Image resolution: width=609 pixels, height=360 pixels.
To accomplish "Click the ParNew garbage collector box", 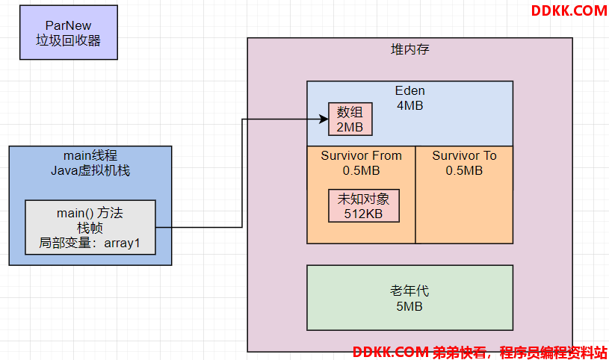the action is click(69, 32).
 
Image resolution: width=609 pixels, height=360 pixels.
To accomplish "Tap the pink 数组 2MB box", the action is click(350, 120).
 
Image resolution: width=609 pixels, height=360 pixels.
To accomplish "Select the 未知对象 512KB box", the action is click(364, 206).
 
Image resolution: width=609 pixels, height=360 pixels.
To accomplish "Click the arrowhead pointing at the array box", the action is click(324, 119).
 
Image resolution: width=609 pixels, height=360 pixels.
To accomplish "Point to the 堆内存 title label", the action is click(409, 49).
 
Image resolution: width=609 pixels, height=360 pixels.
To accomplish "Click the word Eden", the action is click(409, 90).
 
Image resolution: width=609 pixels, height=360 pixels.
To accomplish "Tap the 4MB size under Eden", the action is click(409, 105).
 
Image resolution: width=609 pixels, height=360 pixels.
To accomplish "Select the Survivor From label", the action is click(361, 156).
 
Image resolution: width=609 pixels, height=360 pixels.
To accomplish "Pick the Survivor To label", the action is click(464, 156).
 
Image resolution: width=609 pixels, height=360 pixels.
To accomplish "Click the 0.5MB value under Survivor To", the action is click(464, 170).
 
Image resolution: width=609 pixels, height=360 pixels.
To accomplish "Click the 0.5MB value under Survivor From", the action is click(361, 170).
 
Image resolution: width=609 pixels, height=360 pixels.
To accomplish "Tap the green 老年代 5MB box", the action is click(409, 298).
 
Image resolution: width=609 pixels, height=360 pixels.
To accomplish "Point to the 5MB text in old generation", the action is click(409, 306).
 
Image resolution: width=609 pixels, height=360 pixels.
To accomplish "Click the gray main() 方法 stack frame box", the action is click(90, 228).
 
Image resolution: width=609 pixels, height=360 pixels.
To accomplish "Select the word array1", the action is click(122, 243).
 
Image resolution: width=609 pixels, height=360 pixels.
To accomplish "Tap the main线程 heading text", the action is click(90, 156).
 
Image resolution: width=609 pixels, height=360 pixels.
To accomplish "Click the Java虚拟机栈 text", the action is click(90, 170).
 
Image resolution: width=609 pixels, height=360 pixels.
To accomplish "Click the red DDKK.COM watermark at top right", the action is click(569, 11).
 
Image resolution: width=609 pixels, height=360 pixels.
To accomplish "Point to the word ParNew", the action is click(68, 25).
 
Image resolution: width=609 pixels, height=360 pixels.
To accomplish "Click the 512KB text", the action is click(364, 214).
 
